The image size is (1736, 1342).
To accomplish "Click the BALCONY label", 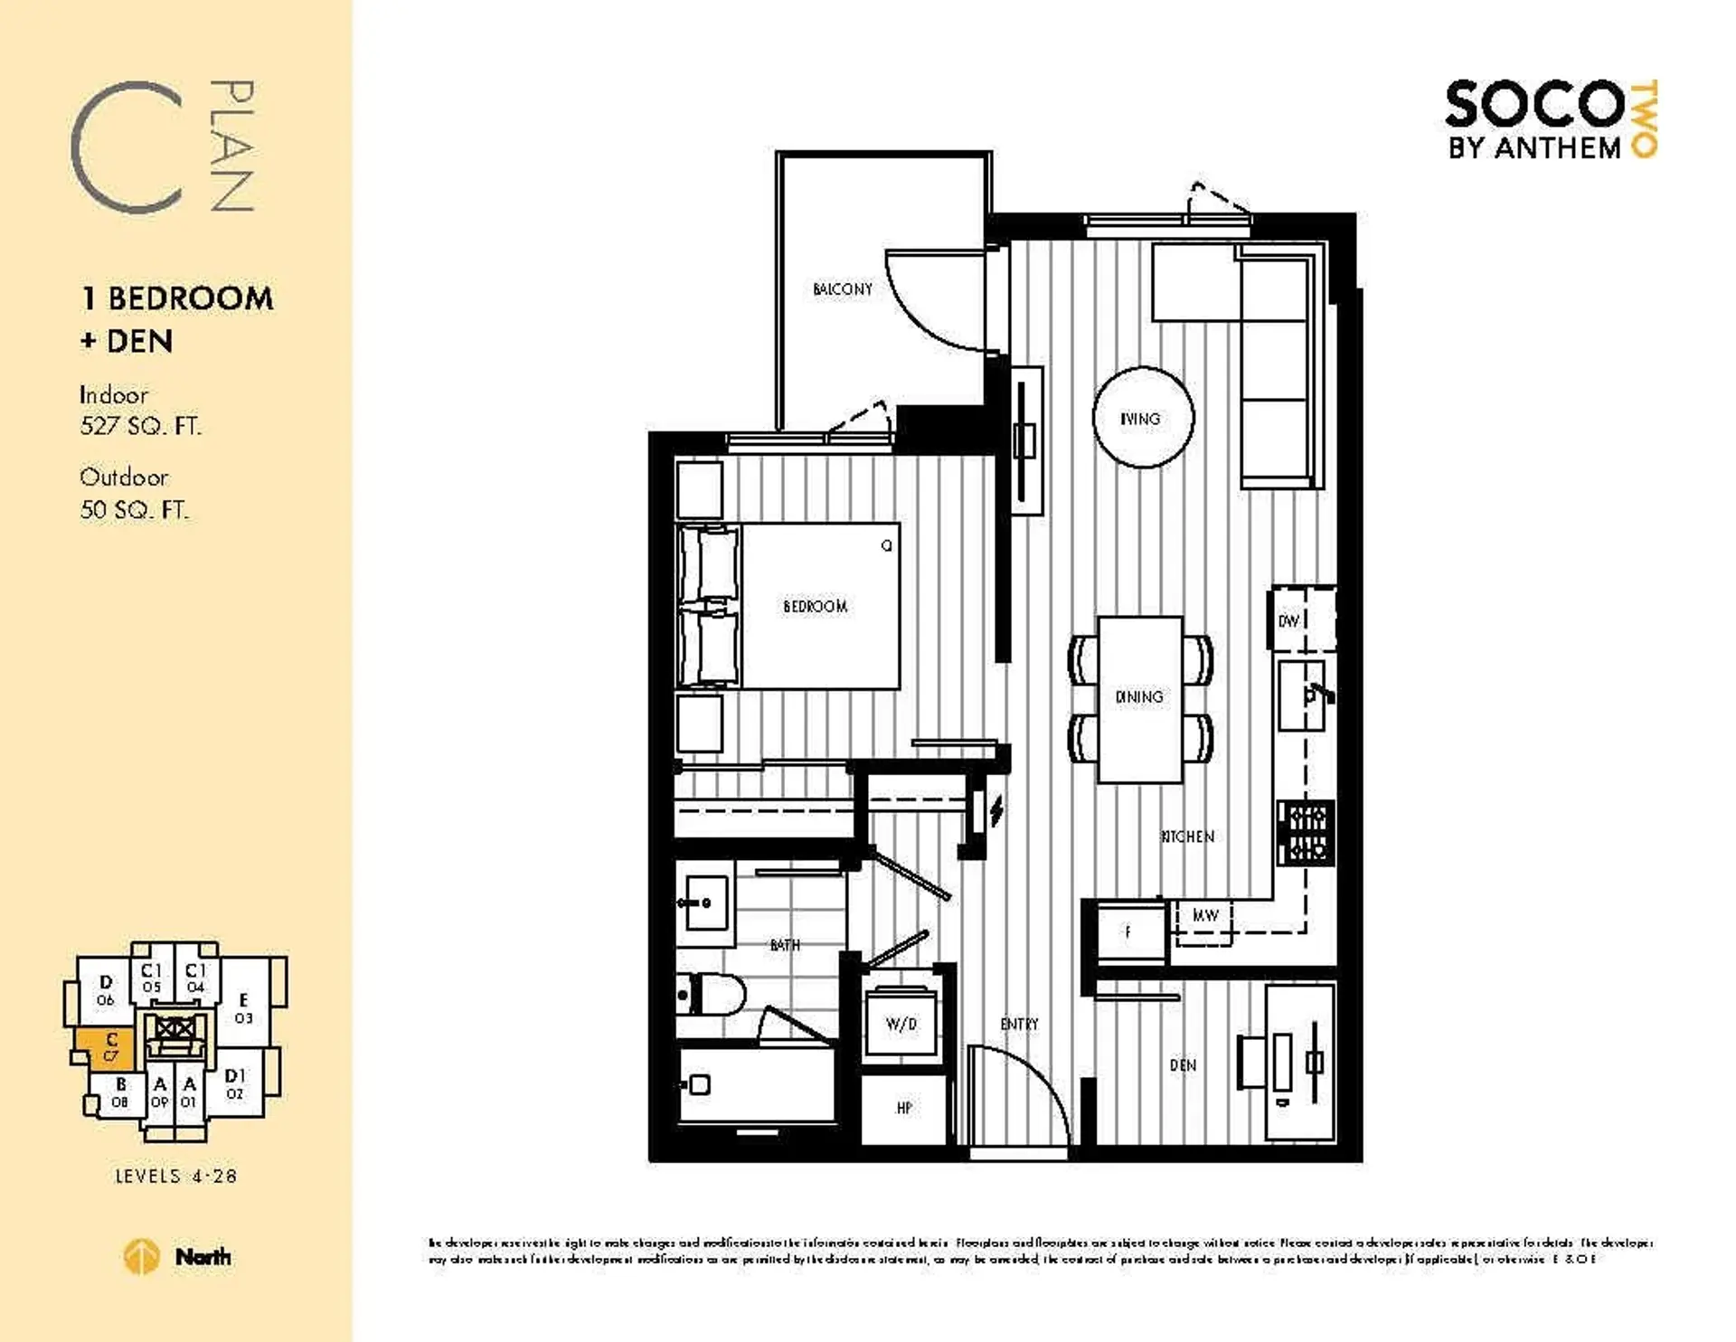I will pyautogui.click(x=842, y=289).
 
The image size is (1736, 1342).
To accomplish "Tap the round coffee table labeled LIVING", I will pyautogui.click(x=1143, y=418).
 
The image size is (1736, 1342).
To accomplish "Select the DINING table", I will pyautogui.click(x=1139, y=698).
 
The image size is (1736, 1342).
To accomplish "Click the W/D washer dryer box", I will pyautogui.click(x=901, y=1024).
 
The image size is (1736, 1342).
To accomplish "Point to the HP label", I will pyautogui.click(x=904, y=1108).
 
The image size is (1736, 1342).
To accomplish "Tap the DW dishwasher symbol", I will pyautogui.click(x=1289, y=621).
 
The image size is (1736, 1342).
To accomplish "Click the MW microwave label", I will pyautogui.click(x=1204, y=916).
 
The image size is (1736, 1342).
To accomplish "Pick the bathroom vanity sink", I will pyautogui.click(x=704, y=903).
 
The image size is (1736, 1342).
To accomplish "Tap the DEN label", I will pyautogui.click(x=1183, y=1065).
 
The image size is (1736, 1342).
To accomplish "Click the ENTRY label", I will pyautogui.click(x=1019, y=1024).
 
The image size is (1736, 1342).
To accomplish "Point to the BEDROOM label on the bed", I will pyautogui.click(x=815, y=607).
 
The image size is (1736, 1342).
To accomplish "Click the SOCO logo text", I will pyautogui.click(x=1534, y=105).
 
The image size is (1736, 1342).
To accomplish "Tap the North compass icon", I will pyautogui.click(x=141, y=1257).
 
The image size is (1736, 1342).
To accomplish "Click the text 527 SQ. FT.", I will pyautogui.click(x=140, y=426).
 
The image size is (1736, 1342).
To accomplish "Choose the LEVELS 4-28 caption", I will pyautogui.click(x=175, y=1177).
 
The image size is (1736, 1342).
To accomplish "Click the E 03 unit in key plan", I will pyautogui.click(x=243, y=1007).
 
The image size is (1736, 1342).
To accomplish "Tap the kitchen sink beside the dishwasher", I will pyautogui.click(x=1302, y=695).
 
